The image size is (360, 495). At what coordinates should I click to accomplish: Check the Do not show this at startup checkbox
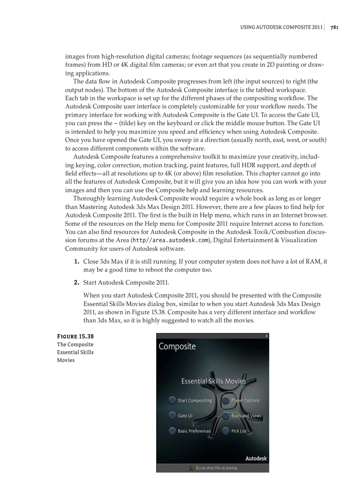pos(192,468)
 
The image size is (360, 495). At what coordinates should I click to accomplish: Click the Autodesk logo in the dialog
pos(256,458)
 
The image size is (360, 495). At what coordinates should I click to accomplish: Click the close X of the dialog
pos(266,336)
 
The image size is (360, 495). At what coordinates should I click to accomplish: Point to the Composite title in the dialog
pos(177,346)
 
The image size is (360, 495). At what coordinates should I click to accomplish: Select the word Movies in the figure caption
pos(66,360)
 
